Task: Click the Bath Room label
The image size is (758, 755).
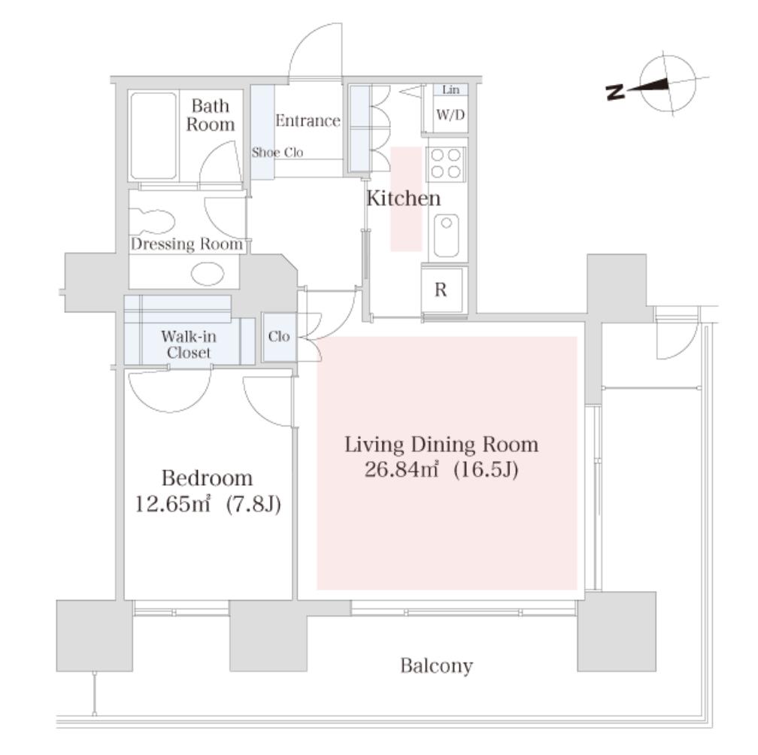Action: click(x=211, y=115)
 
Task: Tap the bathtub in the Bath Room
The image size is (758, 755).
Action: click(x=153, y=136)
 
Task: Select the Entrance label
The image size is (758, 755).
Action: click(x=308, y=120)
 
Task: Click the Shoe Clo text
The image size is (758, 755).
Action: click(x=277, y=152)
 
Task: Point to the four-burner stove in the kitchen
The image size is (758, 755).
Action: click(x=446, y=163)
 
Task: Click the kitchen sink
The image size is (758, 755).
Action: click(x=446, y=235)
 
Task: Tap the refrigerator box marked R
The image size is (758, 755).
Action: click(x=441, y=290)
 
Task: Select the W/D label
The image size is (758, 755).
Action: click(x=450, y=114)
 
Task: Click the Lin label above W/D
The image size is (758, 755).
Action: click(x=450, y=89)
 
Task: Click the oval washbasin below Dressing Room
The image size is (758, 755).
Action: click(x=208, y=274)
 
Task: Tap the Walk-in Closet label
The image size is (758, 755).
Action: click(x=189, y=344)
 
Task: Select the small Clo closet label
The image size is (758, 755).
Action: click(x=279, y=336)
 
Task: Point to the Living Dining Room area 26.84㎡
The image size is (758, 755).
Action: click(x=402, y=469)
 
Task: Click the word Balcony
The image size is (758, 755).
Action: click(x=436, y=666)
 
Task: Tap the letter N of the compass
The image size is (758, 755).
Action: click(x=615, y=91)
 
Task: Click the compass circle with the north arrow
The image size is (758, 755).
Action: click(x=668, y=85)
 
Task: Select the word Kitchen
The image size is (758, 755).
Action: click(x=404, y=199)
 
